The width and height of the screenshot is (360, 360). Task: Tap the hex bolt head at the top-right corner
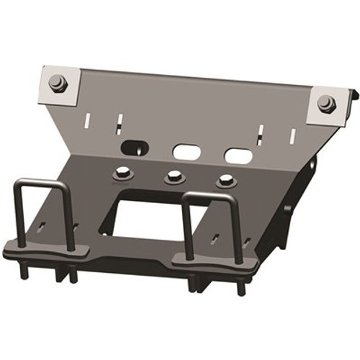326,103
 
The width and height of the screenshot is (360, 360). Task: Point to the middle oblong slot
186,151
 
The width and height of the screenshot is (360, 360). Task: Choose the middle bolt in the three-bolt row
172,177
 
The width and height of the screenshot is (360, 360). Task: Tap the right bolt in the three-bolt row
225,180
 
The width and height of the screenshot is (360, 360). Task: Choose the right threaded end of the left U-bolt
73,274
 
